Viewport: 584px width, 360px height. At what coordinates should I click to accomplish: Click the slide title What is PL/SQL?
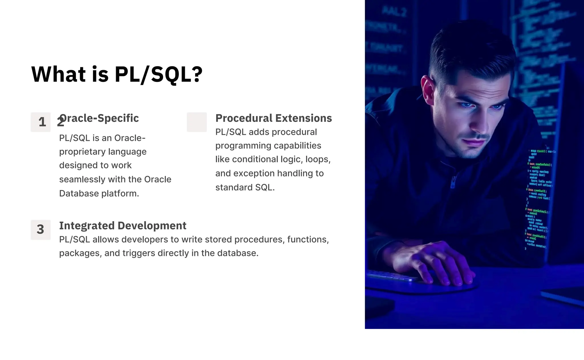pyautogui.click(x=117, y=74)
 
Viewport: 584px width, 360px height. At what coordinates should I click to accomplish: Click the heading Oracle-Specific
pyautogui.click(x=99, y=118)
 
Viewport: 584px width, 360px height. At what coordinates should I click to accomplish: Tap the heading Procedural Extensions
pyautogui.click(x=273, y=118)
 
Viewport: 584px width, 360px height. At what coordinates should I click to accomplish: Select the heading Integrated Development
pyautogui.click(x=123, y=225)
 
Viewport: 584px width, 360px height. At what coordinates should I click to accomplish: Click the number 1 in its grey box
pyautogui.click(x=42, y=122)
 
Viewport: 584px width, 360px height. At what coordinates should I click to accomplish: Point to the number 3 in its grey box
pyautogui.click(x=40, y=229)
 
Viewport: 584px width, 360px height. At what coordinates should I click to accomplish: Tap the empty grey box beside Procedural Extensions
pyautogui.click(x=197, y=122)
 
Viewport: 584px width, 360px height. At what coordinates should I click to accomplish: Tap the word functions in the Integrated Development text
pyautogui.click(x=307, y=239)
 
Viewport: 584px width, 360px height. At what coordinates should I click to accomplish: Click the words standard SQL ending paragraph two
pyautogui.click(x=245, y=188)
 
